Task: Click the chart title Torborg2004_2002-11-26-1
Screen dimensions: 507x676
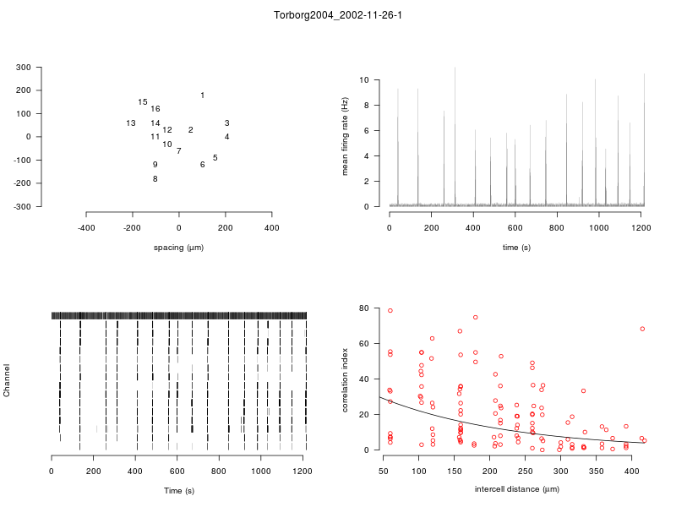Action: point(338,16)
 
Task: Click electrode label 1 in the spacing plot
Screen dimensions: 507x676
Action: point(203,95)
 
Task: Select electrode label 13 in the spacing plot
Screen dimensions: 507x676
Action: point(131,123)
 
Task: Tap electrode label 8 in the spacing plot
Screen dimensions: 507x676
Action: point(155,179)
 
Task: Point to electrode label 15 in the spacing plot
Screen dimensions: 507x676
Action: point(143,102)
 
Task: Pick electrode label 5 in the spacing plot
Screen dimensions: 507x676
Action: point(215,158)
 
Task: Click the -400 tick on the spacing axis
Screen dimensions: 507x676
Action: point(86,227)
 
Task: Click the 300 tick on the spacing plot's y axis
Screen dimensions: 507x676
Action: point(47,67)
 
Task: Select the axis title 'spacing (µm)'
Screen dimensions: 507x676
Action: point(178,248)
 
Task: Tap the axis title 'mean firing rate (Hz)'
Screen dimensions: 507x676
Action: point(345,137)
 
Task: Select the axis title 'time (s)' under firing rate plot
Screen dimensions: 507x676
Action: point(516,248)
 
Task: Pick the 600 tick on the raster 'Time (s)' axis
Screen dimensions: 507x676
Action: point(177,471)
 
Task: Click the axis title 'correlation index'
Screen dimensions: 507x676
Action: point(345,380)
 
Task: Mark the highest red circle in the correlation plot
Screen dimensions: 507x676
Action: point(390,311)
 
